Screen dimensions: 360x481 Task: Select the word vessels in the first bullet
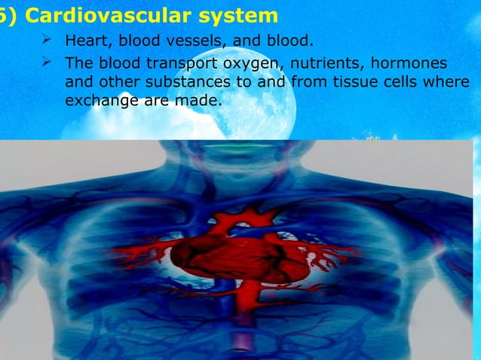pos(194,40)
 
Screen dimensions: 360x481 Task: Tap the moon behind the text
pos(249,90)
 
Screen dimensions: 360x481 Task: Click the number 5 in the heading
pos(4,14)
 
